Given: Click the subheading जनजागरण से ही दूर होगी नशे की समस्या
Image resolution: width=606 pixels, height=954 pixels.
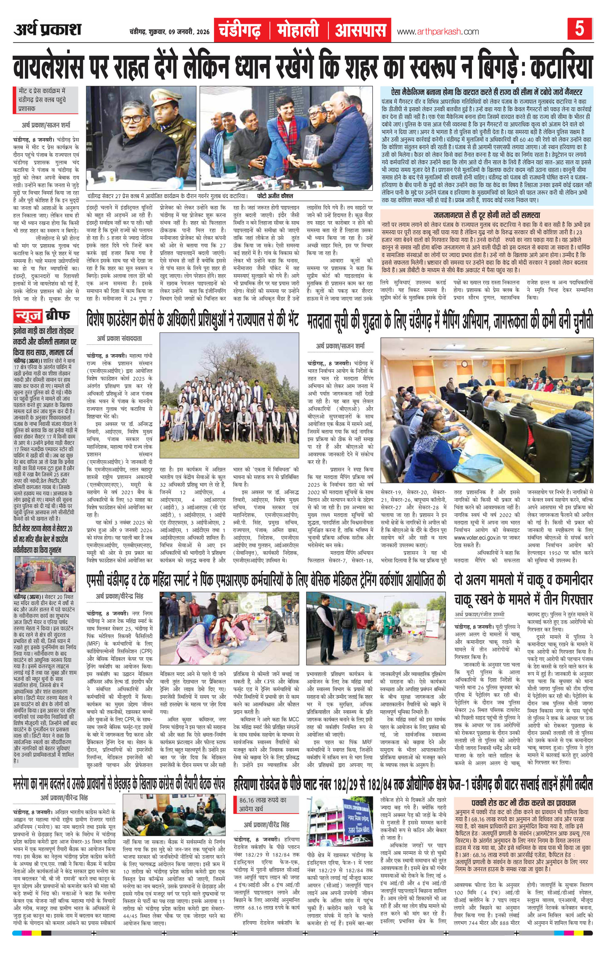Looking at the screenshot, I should point(487,215).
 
